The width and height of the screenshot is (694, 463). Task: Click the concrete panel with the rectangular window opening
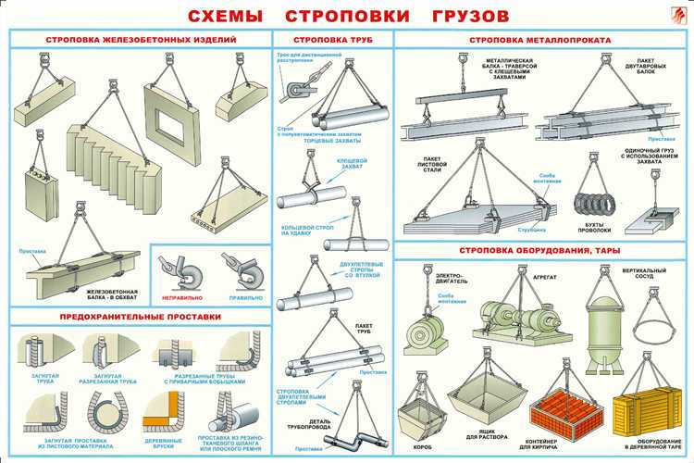point(174,119)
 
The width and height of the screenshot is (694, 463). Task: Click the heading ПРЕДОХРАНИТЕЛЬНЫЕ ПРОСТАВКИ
point(141,317)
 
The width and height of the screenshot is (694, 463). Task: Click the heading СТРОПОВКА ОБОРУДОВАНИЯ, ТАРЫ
point(542,250)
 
